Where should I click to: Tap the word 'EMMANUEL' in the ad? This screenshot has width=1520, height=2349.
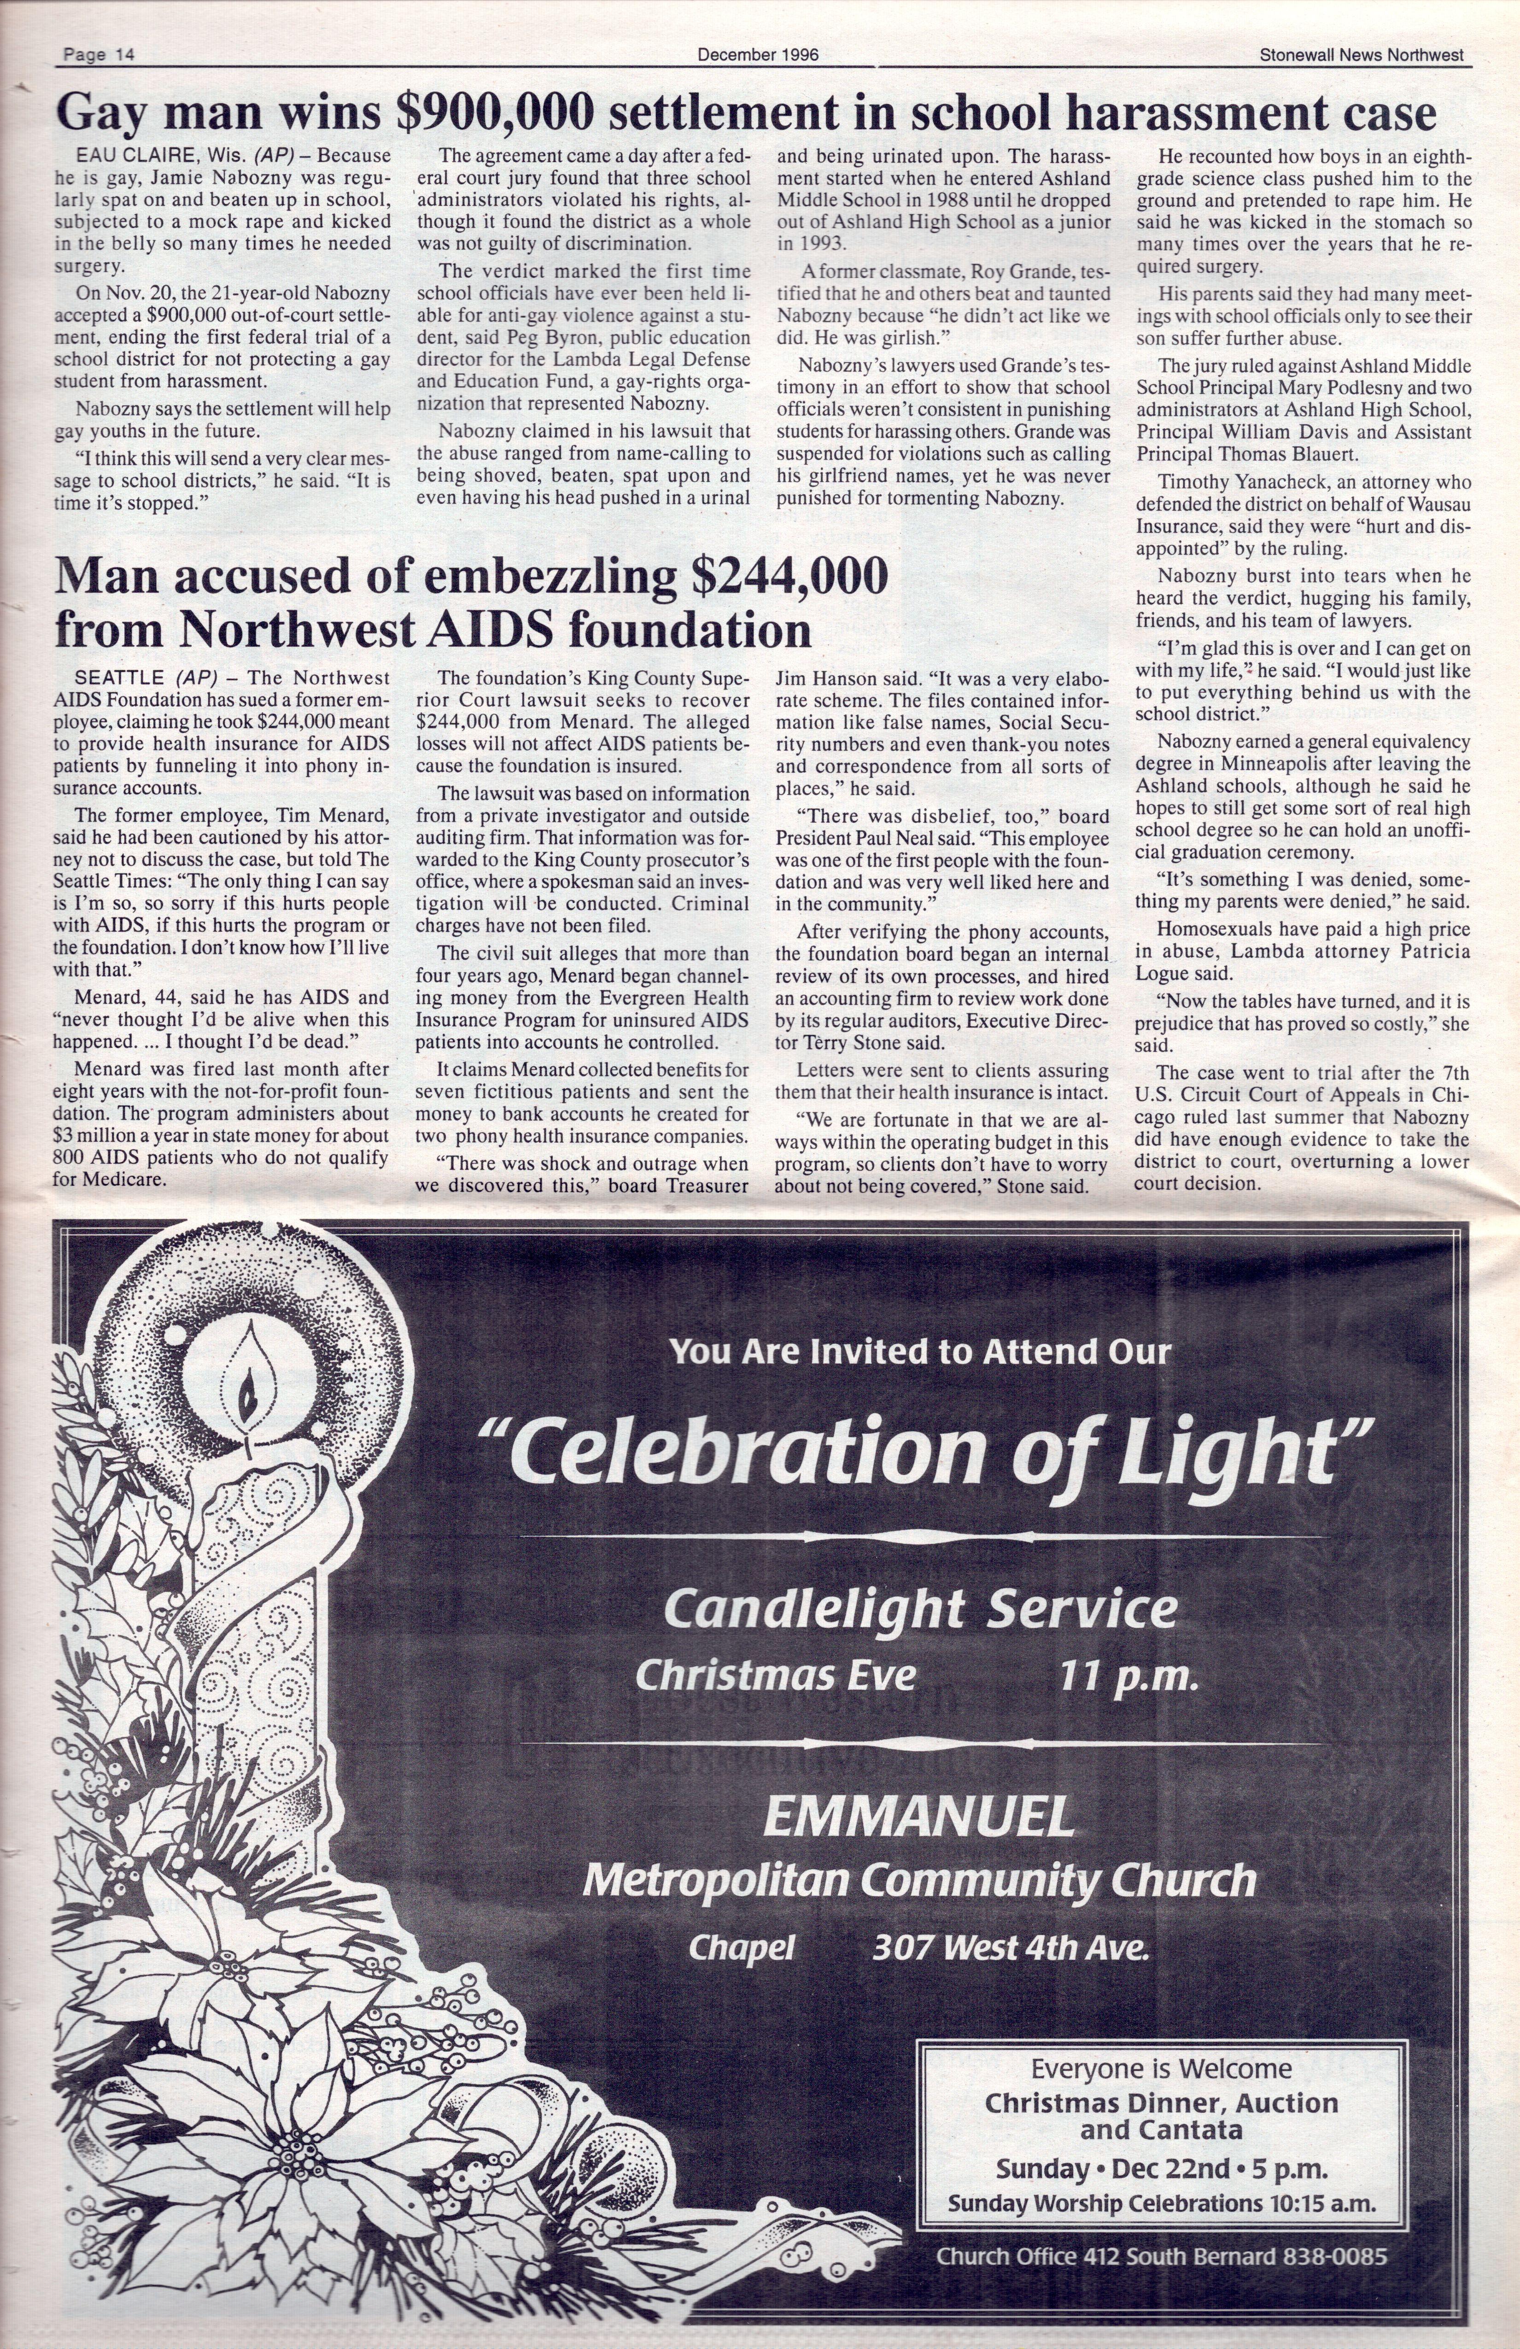(918, 1817)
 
